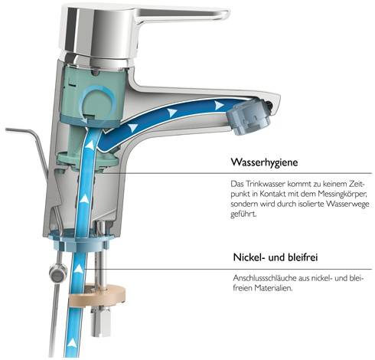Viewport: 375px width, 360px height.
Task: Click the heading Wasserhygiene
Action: click(x=264, y=162)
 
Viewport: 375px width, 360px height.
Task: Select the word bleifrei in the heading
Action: click(x=302, y=257)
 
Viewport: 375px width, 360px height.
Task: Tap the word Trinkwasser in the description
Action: click(x=265, y=184)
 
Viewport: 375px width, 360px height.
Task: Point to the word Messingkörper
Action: click(x=342, y=194)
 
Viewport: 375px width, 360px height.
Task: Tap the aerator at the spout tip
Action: click(x=248, y=118)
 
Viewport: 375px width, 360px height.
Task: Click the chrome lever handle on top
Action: click(x=143, y=28)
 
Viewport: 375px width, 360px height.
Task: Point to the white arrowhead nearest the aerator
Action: click(x=219, y=105)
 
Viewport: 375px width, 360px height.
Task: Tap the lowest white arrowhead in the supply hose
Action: click(x=73, y=342)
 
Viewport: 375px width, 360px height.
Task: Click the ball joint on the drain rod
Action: click(x=57, y=273)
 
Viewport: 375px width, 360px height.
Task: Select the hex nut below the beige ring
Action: click(x=101, y=321)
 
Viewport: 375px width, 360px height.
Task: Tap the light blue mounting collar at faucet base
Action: click(x=80, y=240)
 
